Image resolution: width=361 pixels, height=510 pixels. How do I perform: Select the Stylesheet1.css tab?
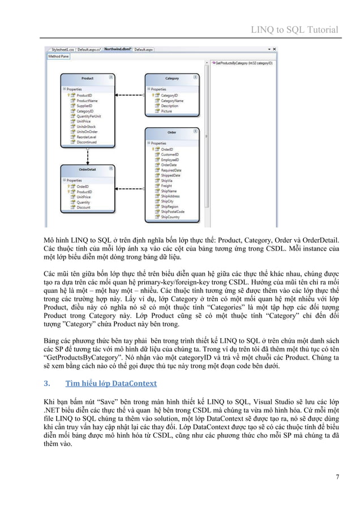[63, 50]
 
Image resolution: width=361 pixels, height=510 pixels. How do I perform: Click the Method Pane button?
[58, 56]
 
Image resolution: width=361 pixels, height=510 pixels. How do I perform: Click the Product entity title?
[87, 79]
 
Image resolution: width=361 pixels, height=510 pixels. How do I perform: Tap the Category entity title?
[171, 79]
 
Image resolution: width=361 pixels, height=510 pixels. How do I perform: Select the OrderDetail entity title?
[87, 168]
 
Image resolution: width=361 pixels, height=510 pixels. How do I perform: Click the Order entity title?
[171, 133]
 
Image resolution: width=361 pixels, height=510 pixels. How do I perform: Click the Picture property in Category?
[166, 111]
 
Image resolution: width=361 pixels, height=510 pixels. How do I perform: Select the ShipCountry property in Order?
[170, 217]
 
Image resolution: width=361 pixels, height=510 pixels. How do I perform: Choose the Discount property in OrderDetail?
[83, 208]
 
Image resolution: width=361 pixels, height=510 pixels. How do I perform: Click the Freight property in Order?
[166, 185]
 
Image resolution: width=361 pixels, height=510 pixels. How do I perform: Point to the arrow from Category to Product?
[130, 96]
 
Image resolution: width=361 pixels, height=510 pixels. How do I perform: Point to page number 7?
[337, 477]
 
